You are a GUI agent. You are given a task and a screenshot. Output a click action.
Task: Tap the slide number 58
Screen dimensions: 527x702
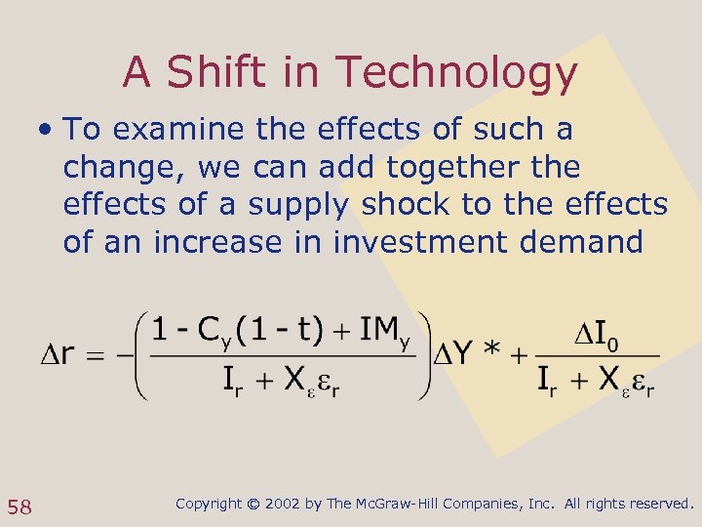coord(19,506)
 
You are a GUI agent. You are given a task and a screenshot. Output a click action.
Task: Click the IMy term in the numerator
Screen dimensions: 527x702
coord(381,330)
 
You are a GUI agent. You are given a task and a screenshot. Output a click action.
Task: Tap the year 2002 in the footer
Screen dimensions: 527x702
coord(282,505)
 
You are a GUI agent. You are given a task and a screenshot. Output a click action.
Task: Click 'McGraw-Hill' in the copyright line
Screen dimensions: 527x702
coord(399,505)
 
